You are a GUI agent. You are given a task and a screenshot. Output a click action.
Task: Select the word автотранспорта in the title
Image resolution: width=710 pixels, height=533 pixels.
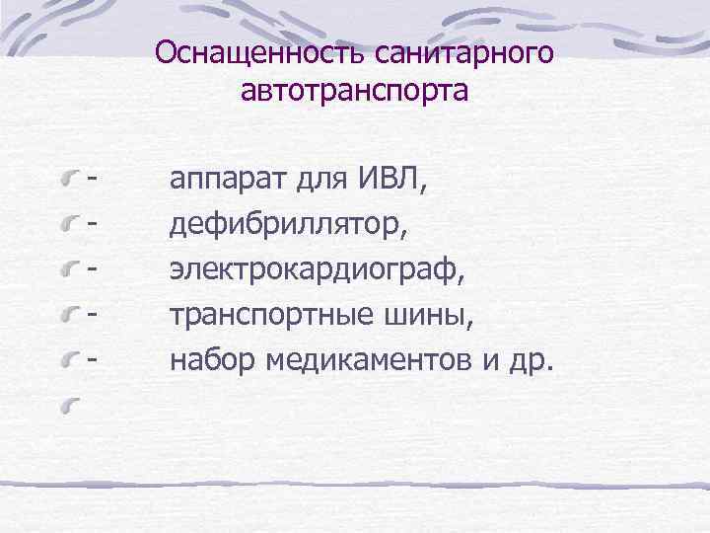(354, 92)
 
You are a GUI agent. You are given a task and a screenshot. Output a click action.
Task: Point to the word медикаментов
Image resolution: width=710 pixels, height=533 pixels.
(367, 360)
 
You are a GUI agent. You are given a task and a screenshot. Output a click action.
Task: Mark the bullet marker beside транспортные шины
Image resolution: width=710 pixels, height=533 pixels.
(68, 317)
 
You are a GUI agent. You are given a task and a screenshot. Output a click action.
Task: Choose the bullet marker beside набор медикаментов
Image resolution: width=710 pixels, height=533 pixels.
(68, 362)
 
